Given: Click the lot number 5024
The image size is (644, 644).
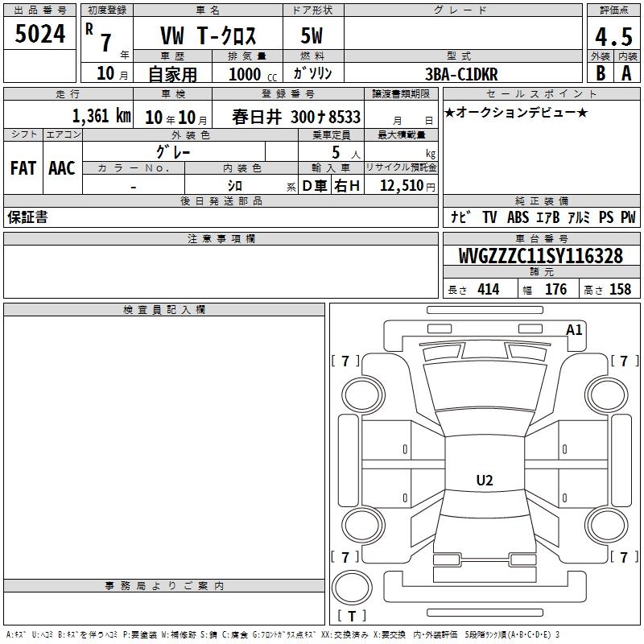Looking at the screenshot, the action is pos(39,34).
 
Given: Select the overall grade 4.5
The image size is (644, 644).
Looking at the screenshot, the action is pos(613,37).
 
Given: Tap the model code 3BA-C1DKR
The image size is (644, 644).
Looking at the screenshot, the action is pos(461,74).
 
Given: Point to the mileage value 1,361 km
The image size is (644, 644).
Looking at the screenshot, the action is pos(101,116).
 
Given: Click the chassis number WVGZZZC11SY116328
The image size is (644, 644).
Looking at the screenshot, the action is pos(541,256).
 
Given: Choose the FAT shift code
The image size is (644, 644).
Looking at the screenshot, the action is pos(23,168).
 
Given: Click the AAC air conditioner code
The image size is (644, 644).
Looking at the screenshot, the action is pos(62,168).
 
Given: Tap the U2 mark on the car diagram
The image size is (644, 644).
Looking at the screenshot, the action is pos(485,480).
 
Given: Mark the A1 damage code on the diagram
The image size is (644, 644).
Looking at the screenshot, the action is pos(574,330).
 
